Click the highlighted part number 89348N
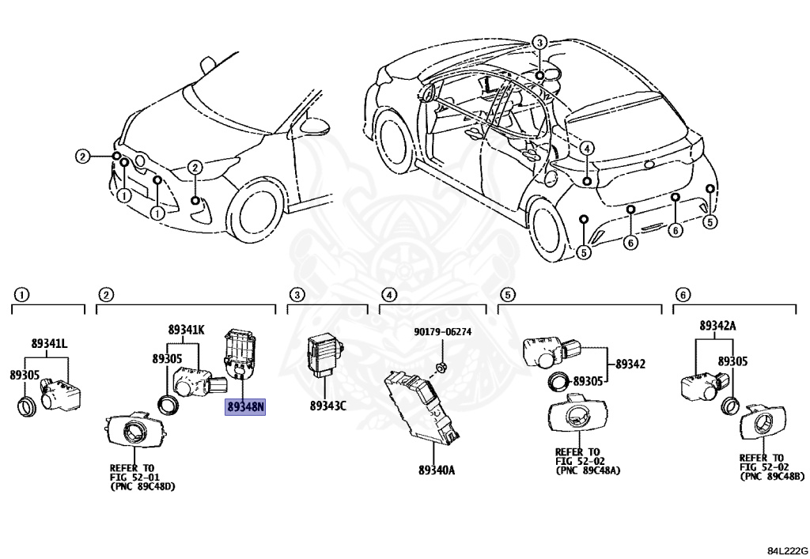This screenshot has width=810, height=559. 246,407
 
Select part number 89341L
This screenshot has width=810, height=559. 49,344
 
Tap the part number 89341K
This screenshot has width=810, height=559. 186,329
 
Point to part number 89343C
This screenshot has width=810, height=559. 327,406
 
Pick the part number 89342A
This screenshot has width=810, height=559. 717,325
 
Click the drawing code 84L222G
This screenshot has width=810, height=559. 785,549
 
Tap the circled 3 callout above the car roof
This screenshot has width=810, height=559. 539,43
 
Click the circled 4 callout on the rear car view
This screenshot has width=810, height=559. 586,148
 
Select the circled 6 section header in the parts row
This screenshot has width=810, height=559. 681,295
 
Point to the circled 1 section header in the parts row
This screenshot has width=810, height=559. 21,295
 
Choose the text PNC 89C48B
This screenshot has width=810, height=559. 771,477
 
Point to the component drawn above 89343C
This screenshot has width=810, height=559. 324,353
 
